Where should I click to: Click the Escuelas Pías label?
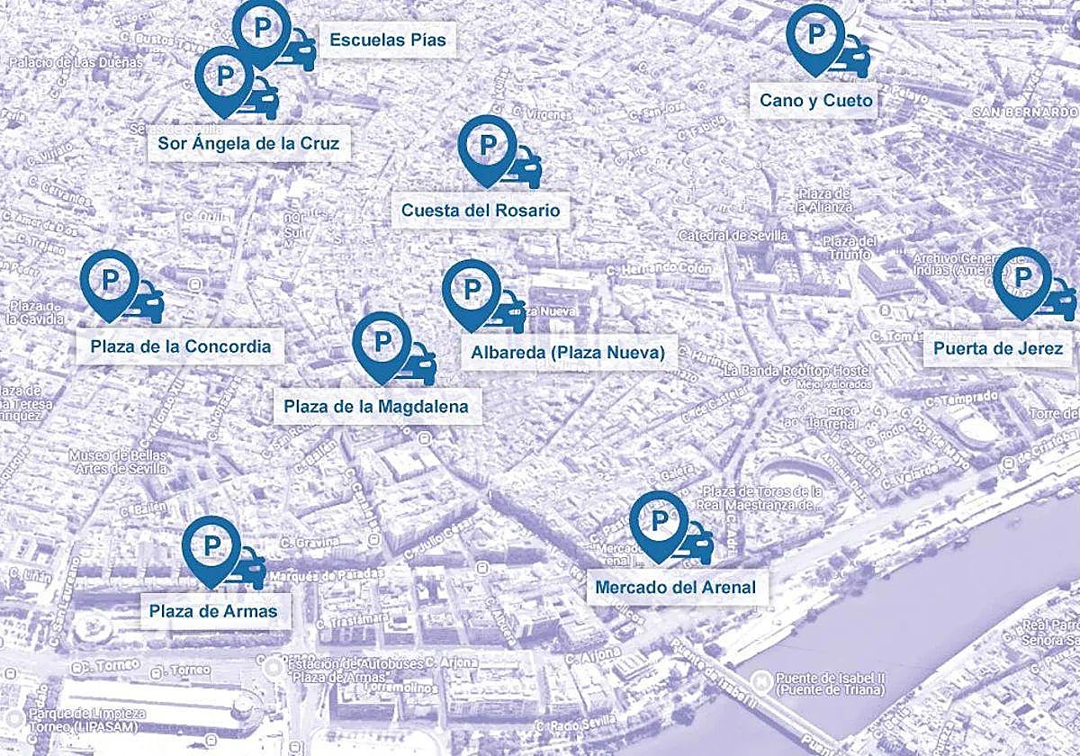(387, 40)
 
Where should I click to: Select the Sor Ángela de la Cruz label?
(248, 143)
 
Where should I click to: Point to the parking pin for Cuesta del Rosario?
(487, 146)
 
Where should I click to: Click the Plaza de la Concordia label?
(180, 346)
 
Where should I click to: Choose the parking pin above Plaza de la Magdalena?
(382, 343)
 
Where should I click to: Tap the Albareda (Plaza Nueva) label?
(567, 352)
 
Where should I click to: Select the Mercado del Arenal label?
(675, 589)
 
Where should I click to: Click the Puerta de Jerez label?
(998, 348)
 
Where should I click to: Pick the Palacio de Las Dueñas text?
(76, 63)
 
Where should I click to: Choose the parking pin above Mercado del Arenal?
(659, 521)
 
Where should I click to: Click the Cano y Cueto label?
(815, 100)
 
